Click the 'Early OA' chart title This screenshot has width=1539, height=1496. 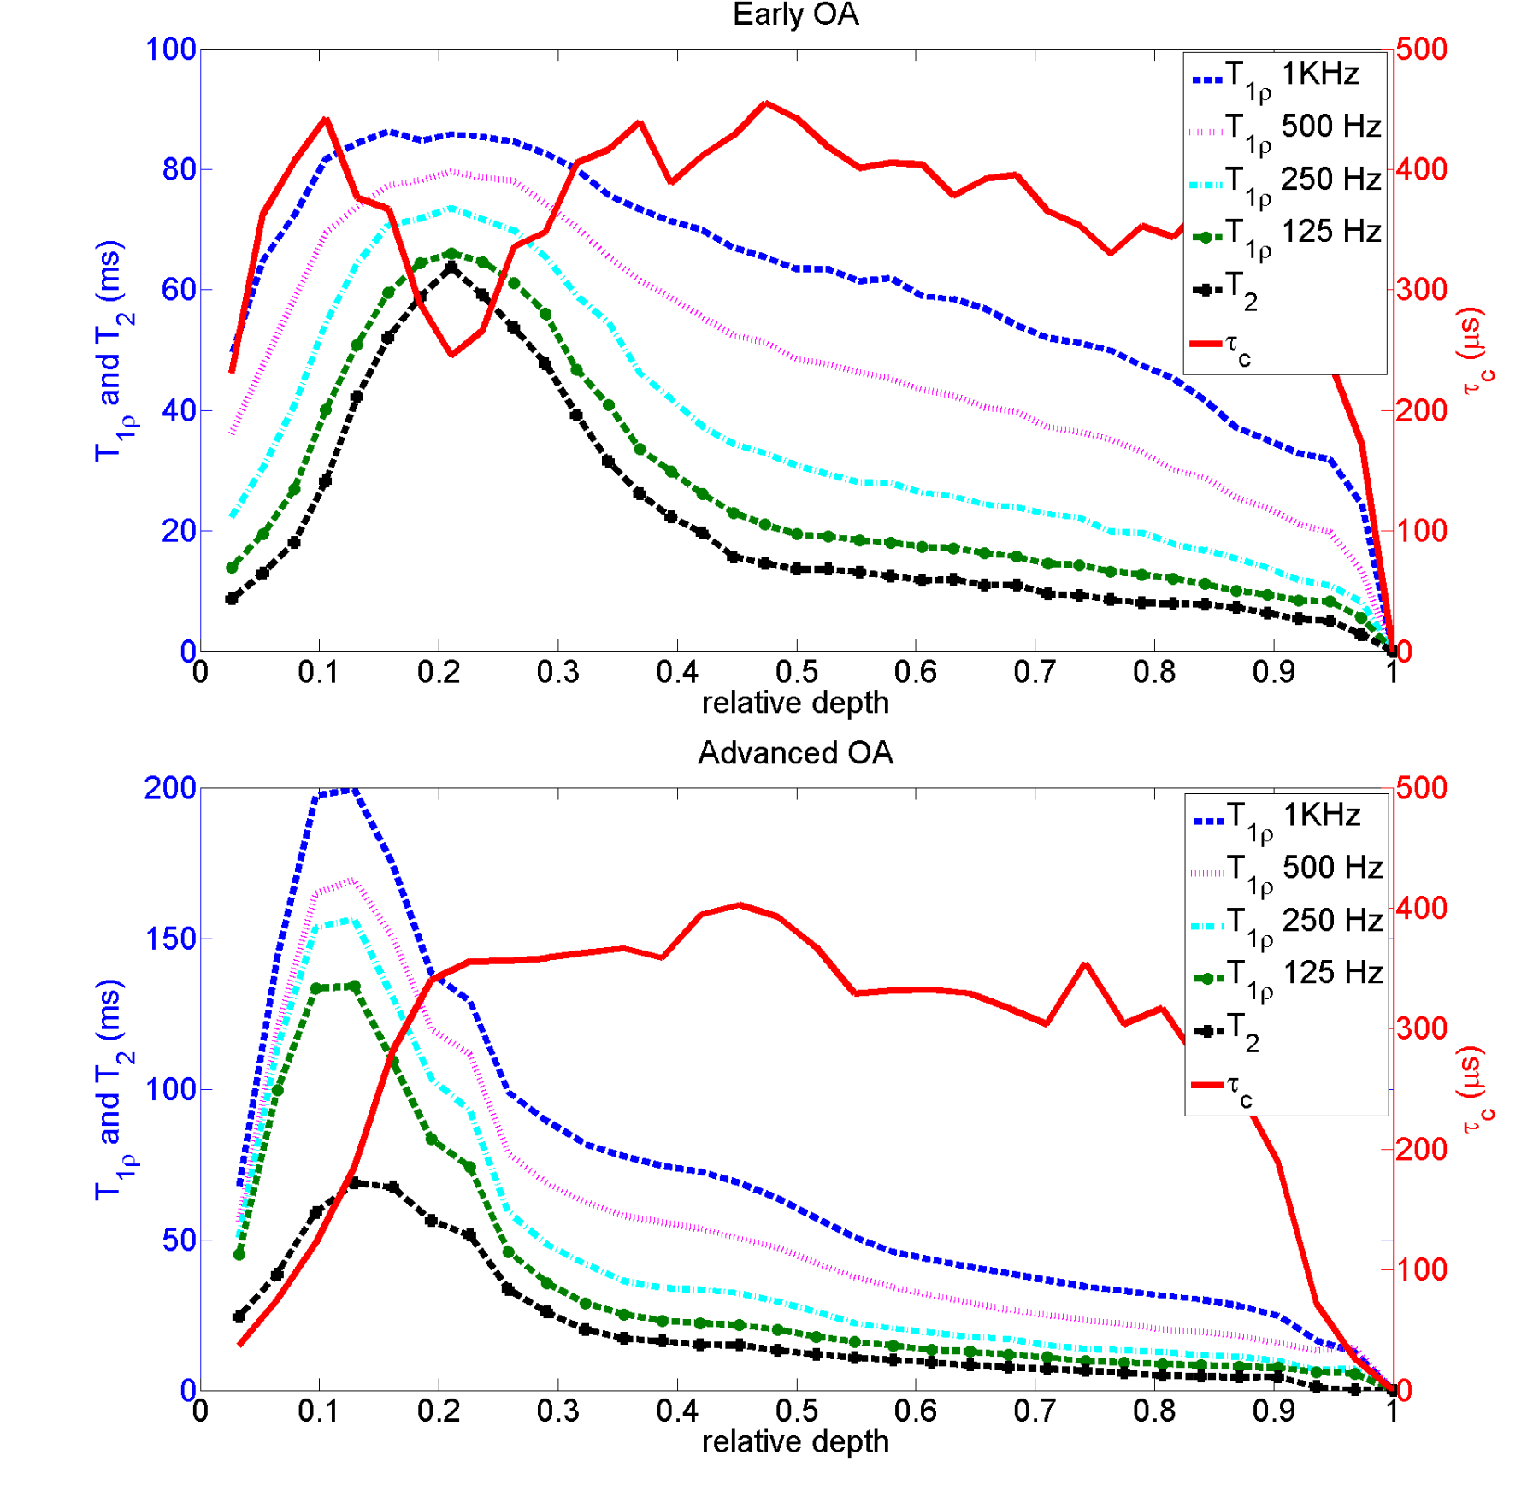pyautogui.click(x=795, y=15)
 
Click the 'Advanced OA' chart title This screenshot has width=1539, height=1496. pyautogui.click(x=795, y=753)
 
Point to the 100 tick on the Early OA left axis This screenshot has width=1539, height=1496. pyautogui.click(x=171, y=50)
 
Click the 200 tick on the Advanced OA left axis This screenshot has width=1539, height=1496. pyautogui.click(x=170, y=788)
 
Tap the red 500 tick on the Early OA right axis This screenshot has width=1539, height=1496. pyautogui.click(x=1421, y=50)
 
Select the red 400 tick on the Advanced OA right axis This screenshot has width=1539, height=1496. pyautogui.click(x=1421, y=909)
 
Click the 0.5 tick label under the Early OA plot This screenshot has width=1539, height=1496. pyautogui.click(x=797, y=673)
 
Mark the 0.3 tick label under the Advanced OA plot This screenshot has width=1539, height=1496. pyautogui.click(x=558, y=1411)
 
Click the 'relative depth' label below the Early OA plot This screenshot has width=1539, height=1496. pyautogui.click(x=795, y=704)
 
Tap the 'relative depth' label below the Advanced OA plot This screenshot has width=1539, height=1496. pyautogui.click(x=795, y=1442)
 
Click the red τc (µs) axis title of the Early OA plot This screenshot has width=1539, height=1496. pyautogui.click(x=1474, y=350)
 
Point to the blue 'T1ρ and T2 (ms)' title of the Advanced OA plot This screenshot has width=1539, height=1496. pyautogui.click(x=111, y=1090)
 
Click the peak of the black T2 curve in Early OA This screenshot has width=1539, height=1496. pyautogui.click(x=451, y=268)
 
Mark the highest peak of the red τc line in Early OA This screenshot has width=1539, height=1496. pyautogui.click(x=766, y=103)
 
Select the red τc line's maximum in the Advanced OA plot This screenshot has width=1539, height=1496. pyautogui.click(x=740, y=904)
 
